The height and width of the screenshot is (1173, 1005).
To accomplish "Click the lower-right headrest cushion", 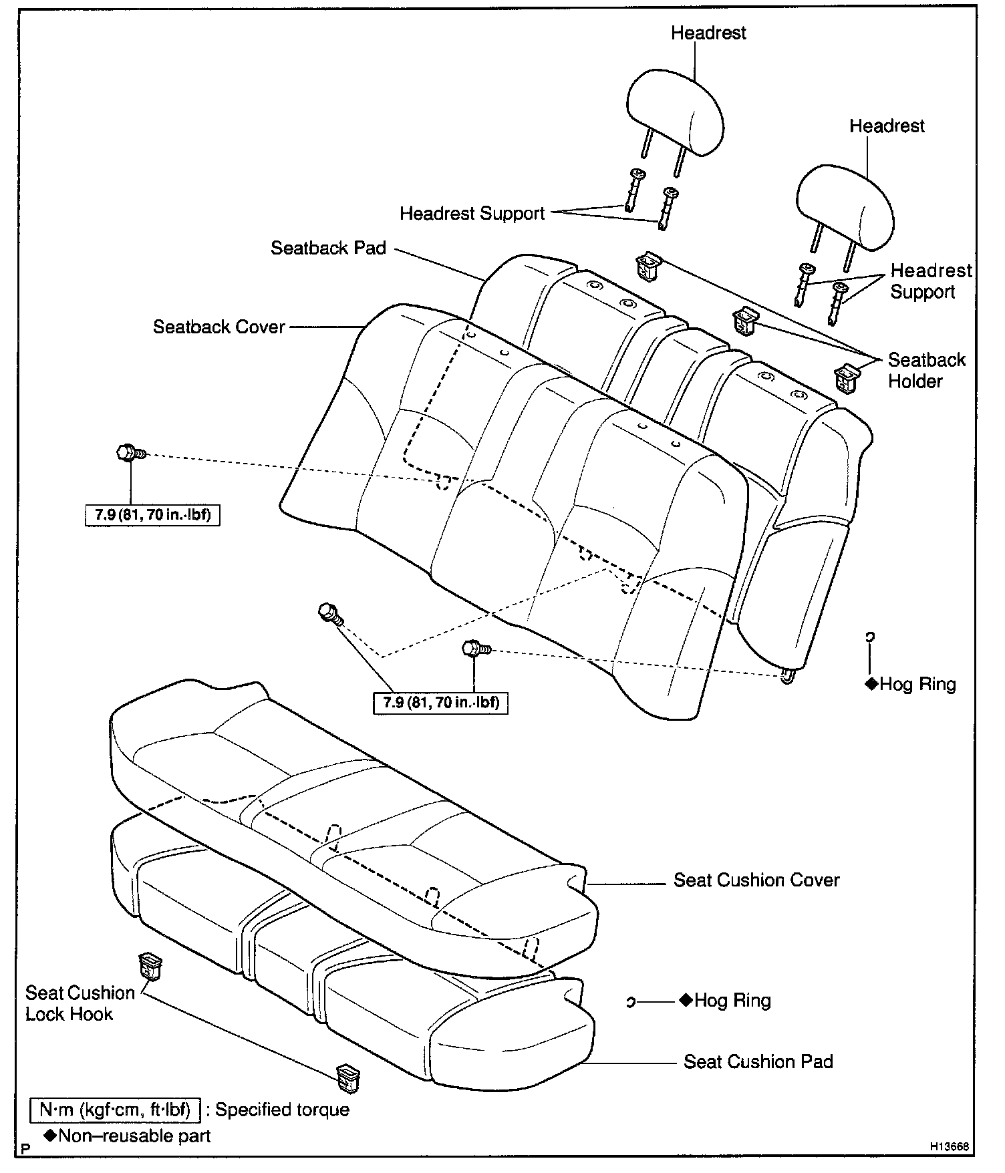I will pos(845,207).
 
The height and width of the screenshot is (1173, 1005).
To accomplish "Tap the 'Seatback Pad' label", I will pos(328,248).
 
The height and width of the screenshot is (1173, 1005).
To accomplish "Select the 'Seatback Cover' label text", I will pos(219,327).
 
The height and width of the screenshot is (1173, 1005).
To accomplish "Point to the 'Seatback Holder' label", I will pos(926,371).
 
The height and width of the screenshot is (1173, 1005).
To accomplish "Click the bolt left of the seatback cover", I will pos(129,453).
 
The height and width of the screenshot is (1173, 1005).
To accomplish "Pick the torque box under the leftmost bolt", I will pos(153,515).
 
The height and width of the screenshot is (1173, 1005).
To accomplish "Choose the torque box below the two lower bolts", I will pos(440,703).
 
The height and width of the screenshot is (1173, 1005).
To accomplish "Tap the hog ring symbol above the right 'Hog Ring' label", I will pos(869,638).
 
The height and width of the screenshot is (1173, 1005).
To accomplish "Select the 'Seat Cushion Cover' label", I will pos(756,880).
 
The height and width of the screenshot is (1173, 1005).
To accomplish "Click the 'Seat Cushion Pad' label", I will pos(758,1062).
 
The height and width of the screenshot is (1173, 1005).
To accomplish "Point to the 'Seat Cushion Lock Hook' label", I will pos(80,1003).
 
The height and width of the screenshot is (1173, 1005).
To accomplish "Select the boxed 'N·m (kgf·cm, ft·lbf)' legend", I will pos(115,1110).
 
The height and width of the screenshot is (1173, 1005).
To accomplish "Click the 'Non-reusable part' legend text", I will pos(134,1136).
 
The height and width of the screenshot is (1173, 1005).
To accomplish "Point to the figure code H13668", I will pos(950,1147).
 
